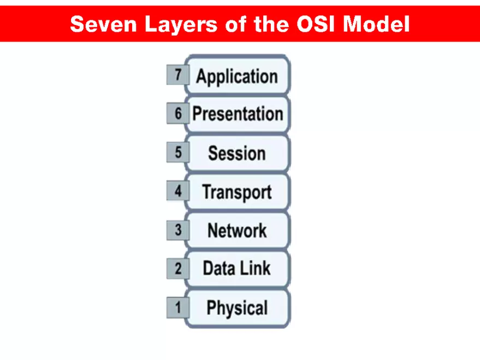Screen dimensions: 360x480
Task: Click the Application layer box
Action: pos(237,75)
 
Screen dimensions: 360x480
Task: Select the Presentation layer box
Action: pos(237,114)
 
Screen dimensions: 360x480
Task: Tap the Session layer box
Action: pos(237,153)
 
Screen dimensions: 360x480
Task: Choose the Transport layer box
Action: pos(237,192)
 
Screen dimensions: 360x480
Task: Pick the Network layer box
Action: pos(237,230)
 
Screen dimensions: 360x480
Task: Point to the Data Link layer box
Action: pos(237,268)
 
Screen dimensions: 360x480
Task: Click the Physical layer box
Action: pos(237,308)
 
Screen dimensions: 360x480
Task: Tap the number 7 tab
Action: pos(177,75)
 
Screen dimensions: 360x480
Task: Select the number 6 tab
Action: pos(177,114)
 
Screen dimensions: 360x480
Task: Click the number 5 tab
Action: pos(177,152)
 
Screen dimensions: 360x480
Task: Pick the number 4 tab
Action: pos(177,191)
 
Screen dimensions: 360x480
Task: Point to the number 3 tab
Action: pos(177,230)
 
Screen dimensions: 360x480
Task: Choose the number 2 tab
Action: pos(177,268)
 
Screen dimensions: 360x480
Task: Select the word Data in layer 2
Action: pos(219,268)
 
